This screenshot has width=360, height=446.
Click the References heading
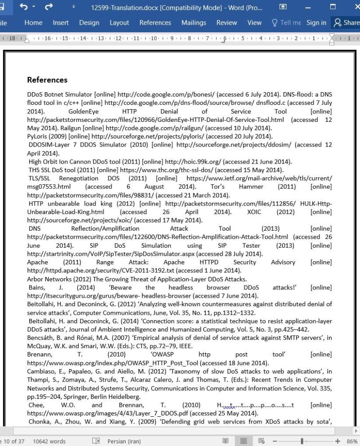pos(47,80)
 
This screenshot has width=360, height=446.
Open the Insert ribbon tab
pos(61,22)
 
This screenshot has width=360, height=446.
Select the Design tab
pos(89,22)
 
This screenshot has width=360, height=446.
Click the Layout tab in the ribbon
pos(119,22)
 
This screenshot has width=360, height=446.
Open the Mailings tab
pos(193,22)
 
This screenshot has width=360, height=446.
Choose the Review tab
pos(226,22)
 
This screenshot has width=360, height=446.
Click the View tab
pos(254,22)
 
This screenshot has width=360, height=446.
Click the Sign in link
pos(316,22)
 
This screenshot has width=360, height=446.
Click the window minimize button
pos(308,7)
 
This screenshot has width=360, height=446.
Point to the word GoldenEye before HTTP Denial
pos(83,111)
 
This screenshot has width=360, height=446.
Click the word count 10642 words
pos(49,441)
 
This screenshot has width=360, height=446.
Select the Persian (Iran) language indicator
pos(124,441)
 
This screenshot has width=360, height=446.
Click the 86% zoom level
pos(351,441)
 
